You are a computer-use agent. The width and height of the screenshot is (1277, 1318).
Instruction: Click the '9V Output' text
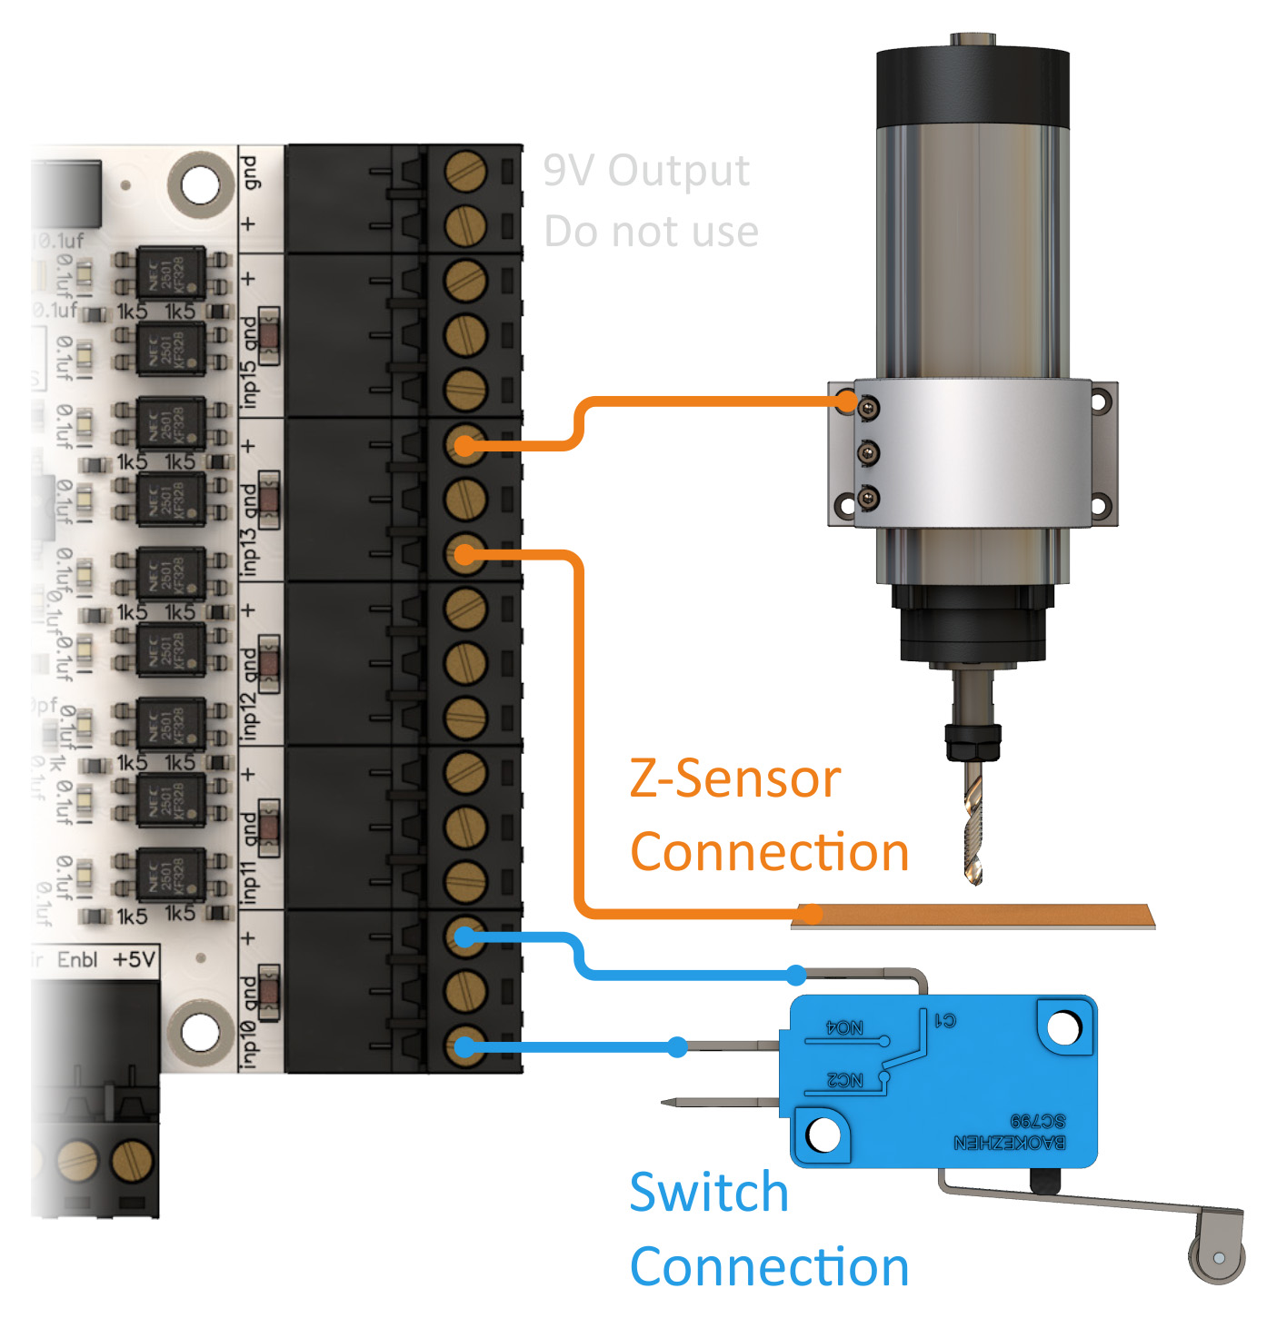(x=646, y=171)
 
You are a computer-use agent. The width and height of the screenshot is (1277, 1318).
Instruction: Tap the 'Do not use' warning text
(x=651, y=232)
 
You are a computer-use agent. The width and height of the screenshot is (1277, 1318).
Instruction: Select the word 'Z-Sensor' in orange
(x=734, y=779)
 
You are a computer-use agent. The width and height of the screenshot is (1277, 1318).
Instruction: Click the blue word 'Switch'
(x=708, y=1192)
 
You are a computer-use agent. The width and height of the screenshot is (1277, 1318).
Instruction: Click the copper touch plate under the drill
(x=973, y=916)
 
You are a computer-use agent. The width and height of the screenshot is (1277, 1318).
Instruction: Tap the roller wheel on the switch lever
(x=1217, y=1257)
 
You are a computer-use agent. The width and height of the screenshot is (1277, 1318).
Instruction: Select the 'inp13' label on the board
(x=250, y=549)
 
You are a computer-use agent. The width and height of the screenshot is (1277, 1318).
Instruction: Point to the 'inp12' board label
(x=250, y=715)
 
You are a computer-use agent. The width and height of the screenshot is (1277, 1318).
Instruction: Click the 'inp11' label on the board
(x=250, y=878)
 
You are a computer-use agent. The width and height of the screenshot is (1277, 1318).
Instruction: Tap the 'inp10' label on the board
(x=250, y=1042)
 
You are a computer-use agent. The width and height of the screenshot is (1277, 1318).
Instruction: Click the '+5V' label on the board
(x=134, y=959)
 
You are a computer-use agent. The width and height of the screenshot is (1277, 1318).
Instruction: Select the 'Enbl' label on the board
(x=77, y=960)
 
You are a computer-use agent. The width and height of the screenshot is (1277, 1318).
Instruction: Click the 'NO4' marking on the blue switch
(x=844, y=1027)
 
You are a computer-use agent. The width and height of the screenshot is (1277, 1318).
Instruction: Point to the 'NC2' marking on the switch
(x=844, y=1080)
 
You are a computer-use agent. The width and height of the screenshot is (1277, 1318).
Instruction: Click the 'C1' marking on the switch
(x=945, y=1020)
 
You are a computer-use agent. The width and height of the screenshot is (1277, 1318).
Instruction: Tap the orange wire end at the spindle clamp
(x=846, y=401)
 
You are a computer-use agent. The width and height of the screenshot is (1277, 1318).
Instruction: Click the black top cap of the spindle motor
(x=973, y=86)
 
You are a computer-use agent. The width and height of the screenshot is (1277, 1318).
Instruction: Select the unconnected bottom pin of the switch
(x=718, y=1103)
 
